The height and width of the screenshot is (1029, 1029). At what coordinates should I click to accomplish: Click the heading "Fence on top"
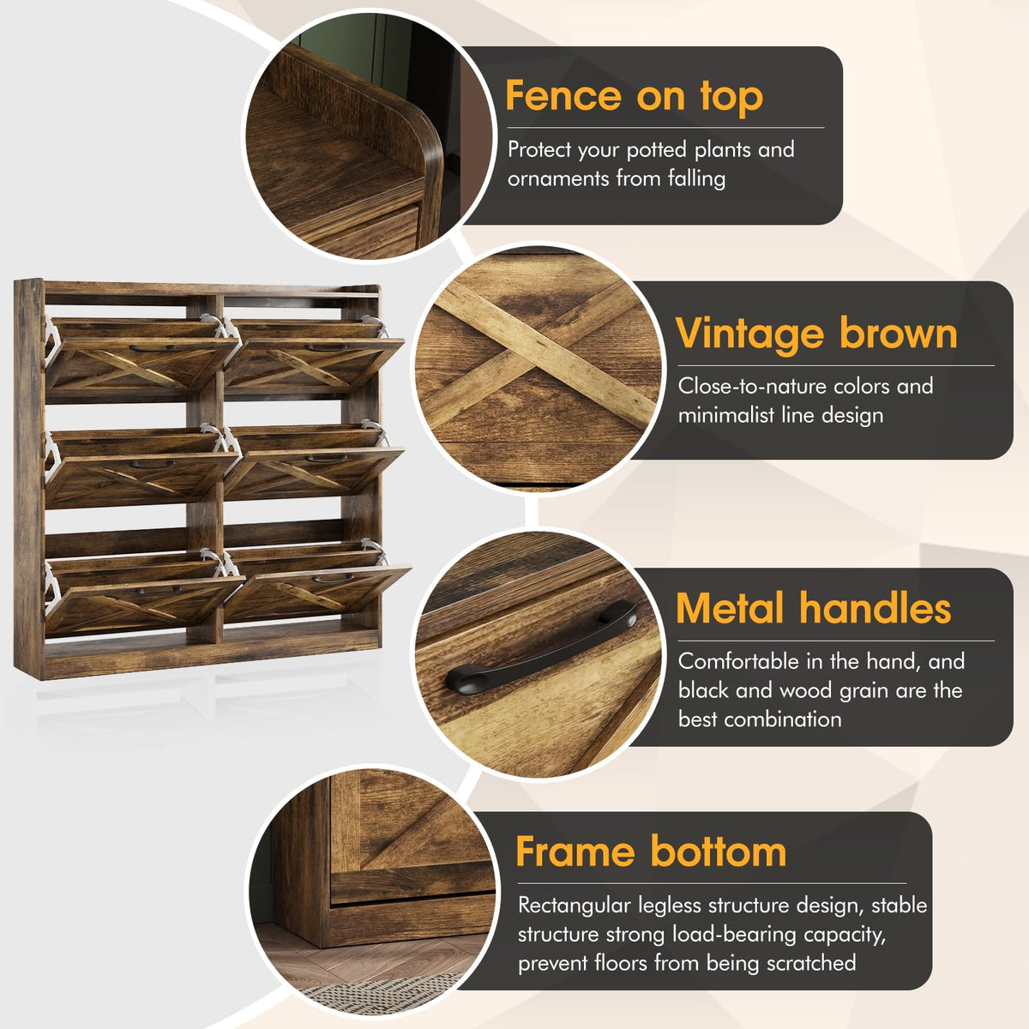point(634,96)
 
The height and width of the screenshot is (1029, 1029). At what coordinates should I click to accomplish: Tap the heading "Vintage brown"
point(816,334)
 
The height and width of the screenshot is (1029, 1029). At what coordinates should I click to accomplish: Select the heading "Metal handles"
point(813,608)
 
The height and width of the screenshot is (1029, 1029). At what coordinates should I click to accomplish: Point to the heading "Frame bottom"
point(650,851)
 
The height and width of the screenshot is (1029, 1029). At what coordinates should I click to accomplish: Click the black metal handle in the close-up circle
point(540,647)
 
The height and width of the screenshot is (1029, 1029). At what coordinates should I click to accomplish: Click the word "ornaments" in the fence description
point(558,178)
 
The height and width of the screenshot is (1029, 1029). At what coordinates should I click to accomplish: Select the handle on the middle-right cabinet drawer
point(326,458)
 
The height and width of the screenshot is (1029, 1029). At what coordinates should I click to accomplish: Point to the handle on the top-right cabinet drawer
point(326,347)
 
